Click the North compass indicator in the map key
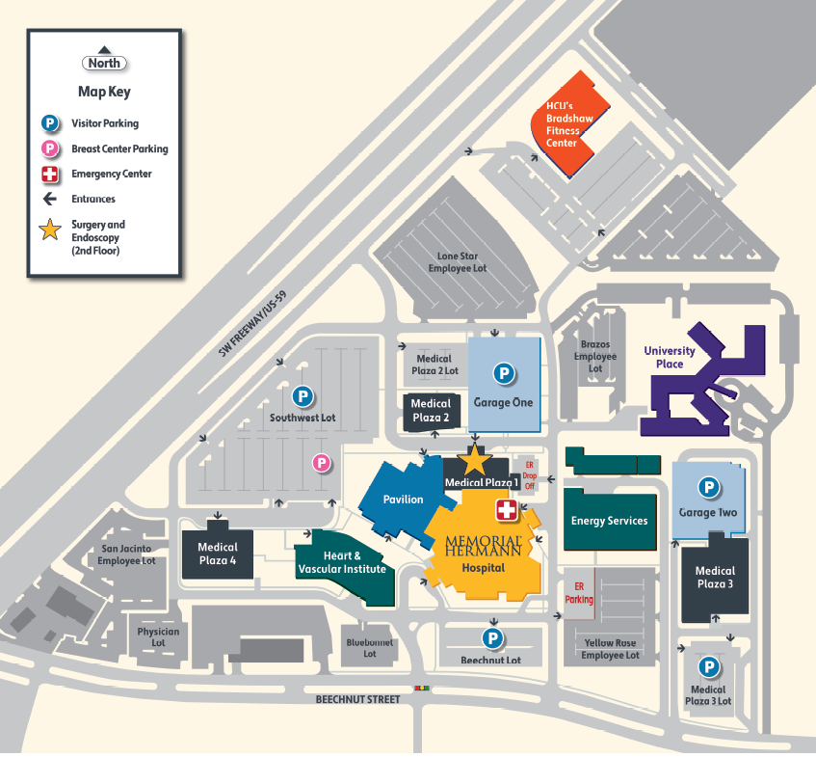(x=104, y=62)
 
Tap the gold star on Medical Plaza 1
(x=477, y=460)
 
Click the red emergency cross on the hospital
(x=506, y=510)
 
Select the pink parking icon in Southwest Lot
(x=322, y=463)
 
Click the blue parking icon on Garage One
(x=503, y=372)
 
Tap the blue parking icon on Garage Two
(x=708, y=488)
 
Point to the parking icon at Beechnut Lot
(x=492, y=637)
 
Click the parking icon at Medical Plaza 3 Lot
(x=709, y=666)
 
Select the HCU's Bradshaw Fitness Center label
(x=562, y=123)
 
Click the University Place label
(x=670, y=358)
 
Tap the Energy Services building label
(x=609, y=521)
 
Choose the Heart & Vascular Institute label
(x=342, y=562)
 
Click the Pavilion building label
(x=403, y=500)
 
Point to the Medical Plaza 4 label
(x=217, y=553)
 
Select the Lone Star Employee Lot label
(x=458, y=262)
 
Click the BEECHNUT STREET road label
(x=357, y=698)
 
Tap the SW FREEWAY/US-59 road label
(x=251, y=325)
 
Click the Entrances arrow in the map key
(x=49, y=199)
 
